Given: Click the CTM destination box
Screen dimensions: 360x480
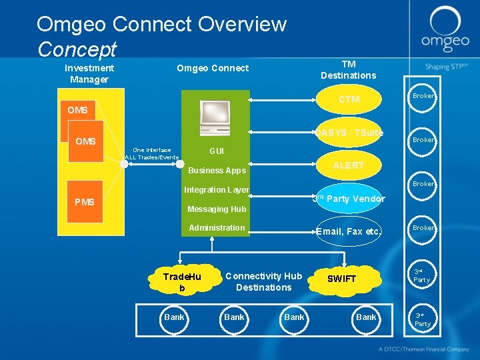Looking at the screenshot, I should click(349, 100).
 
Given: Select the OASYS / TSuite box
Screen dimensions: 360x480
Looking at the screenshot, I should click(349, 133).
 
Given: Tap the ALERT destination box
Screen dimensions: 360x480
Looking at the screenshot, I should click(349, 165).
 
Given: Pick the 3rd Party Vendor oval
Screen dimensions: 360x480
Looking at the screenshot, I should click(349, 199).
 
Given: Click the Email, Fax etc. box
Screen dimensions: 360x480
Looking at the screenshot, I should click(349, 231).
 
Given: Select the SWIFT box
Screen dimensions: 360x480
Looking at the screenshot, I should click(342, 279).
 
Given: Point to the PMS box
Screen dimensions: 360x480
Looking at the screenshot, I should click(85, 201).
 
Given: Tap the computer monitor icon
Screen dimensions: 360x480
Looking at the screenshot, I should click(215, 118).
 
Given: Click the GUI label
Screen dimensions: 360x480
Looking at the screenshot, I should click(217, 151).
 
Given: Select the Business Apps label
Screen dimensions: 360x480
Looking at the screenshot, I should click(217, 171).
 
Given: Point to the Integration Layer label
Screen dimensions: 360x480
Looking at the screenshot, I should click(217, 190).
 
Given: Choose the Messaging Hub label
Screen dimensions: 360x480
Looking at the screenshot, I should click(217, 209).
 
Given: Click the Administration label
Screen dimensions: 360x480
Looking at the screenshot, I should click(217, 228).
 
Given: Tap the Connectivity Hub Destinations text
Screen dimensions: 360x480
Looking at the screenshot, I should click(263, 282).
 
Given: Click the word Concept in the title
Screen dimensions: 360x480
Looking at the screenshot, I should click(77, 49).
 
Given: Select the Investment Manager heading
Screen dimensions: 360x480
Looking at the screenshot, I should click(89, 73).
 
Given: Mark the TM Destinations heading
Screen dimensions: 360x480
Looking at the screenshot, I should click(348, 69).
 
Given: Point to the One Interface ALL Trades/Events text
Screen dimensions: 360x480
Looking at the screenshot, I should click(152, 153).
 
